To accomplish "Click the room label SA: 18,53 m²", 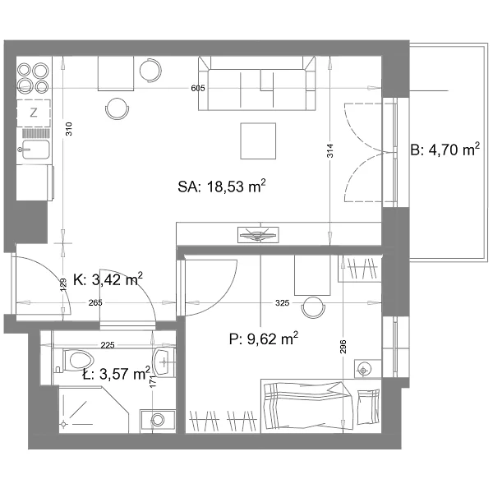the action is pos(222,187).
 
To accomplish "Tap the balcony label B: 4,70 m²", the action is pos(445,150).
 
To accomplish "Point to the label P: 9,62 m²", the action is pos(264,339).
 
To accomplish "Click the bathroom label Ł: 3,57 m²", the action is pos(117,374).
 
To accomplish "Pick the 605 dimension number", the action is pos(198,89).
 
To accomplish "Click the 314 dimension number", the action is pos(329,150).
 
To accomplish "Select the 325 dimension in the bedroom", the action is pos(282,302).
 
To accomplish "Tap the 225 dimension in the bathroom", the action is pos(108,345).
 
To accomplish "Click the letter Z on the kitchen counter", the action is pos(34,113).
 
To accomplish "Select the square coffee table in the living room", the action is pos(258,141).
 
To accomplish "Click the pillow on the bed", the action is pos(368,407).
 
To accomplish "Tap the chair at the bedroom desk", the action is pos(313,306).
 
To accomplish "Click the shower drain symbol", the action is pos(64,424).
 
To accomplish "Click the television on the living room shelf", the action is pos(258,234).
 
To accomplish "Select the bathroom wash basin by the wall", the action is pos(164,362).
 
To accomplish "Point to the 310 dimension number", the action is pos(68,129).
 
